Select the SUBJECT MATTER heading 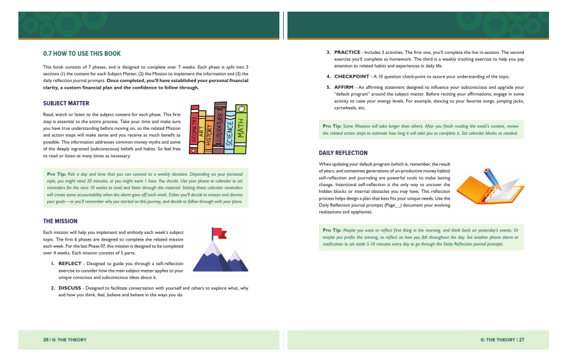[x=66, y=103]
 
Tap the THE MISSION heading [x=60, y=220]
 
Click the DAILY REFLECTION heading [x=343, y=152]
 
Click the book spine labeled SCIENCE [x=229, y=132]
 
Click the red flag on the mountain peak [x=219, y=233]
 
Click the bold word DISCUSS [x=70, y=287]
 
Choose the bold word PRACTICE [x=347, y=52]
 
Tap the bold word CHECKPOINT [x=351, y=77]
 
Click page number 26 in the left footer [x=46, y=339]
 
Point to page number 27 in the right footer [x=521, y=339]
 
